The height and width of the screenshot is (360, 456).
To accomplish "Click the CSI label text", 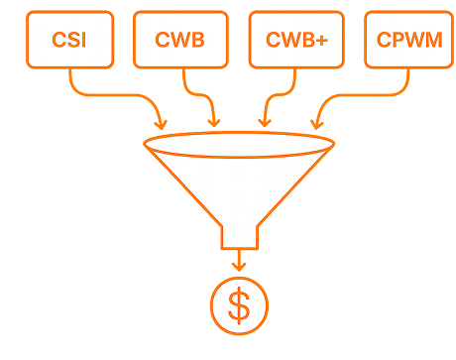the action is [x=69, y=40].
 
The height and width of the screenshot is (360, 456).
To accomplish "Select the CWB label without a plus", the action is [x=179, y=40].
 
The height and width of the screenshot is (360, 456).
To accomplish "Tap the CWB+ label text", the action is [x=296, y=40].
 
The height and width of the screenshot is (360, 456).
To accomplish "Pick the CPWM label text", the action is [x=409, y=40].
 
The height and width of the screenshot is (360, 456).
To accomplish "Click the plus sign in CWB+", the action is [x=322, y=41].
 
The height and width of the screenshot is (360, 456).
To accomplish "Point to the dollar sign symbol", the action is [x=239, y=305].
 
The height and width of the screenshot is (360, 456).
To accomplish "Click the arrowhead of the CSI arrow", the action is [x=161, y=125].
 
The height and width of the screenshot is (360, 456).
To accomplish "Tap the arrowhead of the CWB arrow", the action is [x=214, y=123].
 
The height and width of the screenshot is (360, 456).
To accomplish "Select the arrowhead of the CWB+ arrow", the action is [x=265, y=123].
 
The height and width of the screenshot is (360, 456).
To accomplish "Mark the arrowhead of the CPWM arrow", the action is [x=317, y=125].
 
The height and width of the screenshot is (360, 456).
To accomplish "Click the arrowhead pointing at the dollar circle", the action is [x=239, y=267].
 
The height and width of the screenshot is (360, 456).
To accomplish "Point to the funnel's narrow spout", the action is [x=239, y=237].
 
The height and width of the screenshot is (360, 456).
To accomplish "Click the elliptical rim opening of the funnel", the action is [x=239, y=132].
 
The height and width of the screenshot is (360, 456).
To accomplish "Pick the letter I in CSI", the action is [x=84, y=40].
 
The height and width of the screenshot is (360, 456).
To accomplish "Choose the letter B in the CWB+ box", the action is [x=308, y=40].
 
